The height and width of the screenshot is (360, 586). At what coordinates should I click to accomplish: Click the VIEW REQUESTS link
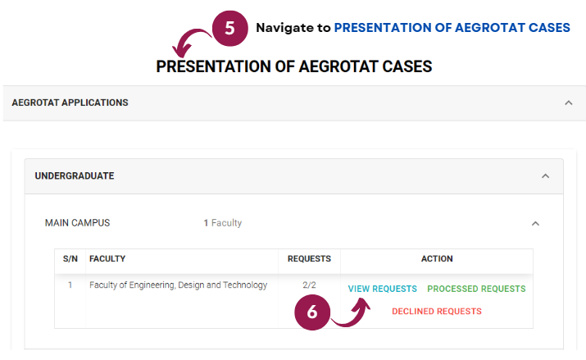pos(382,289)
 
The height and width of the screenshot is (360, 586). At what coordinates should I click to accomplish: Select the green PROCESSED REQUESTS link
pos(476,289)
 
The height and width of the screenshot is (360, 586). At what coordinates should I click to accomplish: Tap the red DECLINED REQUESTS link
pos(437,312)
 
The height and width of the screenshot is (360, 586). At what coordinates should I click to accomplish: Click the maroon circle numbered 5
pos(229,29)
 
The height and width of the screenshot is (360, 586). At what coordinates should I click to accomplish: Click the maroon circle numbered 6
pos(312,312)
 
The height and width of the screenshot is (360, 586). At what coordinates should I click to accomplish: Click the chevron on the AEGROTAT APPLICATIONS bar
pos(569,103)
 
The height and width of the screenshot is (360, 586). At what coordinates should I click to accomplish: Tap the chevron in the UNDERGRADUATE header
pos(546,176)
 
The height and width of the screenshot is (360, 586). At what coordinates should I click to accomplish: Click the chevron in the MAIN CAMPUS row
pos(535,224)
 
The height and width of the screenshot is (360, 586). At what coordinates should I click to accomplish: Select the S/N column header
pos(70,258)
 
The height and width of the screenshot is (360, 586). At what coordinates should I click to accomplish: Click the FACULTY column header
pos(107,258)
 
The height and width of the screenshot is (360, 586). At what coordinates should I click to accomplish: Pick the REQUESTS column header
pos(309,258)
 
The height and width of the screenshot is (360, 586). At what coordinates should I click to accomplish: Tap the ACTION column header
pos(437,258)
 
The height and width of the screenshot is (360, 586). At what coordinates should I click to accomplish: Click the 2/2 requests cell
pos(309,285)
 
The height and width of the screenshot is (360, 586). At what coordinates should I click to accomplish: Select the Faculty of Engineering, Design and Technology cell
pos(179,285)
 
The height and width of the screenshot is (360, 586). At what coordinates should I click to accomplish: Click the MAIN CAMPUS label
pos(77,223)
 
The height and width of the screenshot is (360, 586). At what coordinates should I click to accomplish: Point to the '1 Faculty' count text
pos(223,223)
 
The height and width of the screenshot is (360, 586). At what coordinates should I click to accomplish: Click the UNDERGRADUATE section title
pos(75,175)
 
